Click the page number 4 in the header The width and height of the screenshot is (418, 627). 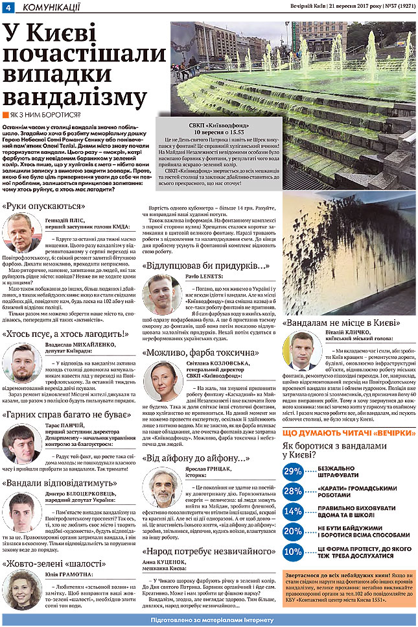[x=7, y=7]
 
